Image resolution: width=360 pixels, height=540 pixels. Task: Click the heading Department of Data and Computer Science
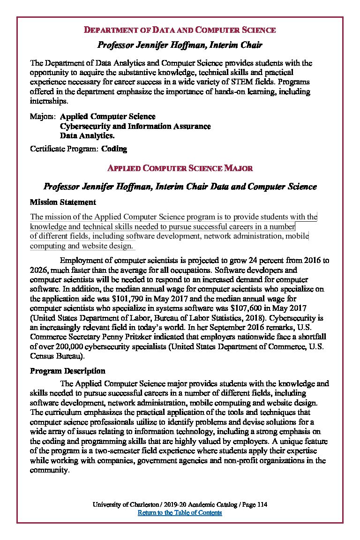point(180,30)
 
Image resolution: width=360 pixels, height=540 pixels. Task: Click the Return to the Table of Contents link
point(180,513)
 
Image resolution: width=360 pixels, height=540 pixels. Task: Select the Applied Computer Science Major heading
point(180,168)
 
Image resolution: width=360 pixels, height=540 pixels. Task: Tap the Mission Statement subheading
point(63,202)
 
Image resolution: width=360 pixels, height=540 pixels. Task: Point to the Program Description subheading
point(67,371)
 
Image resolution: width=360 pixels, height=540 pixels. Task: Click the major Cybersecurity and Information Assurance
point(135,126)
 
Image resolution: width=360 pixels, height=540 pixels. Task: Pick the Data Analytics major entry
point(87,135)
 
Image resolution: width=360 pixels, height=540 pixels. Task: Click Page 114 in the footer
point(255,504)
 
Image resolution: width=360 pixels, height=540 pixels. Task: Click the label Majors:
point(43,116)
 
